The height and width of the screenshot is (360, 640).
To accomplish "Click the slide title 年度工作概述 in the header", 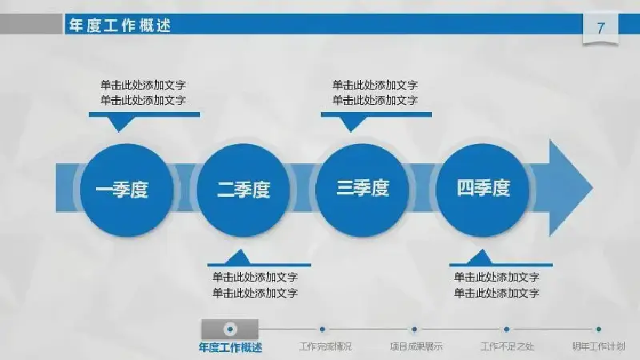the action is (119, 26).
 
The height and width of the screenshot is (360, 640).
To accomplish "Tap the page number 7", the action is (601, 28).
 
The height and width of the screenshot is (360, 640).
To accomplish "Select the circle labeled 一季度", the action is (126, 190).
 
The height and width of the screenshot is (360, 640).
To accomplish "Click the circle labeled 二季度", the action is (243, 190).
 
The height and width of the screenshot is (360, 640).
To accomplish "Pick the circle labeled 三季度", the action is (362, 190).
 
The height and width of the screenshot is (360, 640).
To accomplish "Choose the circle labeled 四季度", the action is (482, 190).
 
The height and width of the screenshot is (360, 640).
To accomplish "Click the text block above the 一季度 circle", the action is (143, 93).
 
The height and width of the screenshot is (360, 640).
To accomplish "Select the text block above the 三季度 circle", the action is (375, 93).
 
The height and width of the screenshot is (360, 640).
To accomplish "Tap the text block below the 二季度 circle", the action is (255, 285).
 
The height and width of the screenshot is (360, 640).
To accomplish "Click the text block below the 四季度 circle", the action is (497, 285).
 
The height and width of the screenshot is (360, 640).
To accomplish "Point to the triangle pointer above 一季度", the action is (118, 123).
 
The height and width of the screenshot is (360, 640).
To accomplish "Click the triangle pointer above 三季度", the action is (350, 123).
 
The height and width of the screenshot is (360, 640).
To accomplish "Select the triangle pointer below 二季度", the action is (238, 258).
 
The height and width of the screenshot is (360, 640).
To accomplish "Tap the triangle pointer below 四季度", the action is (481, 258).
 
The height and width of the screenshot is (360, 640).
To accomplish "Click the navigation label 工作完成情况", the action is (326, 346).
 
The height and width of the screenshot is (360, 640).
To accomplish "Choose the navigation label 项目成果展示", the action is (416, 346).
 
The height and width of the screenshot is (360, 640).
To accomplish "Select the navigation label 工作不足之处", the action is (507, 346).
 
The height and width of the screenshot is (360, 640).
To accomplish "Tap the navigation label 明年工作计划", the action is (598, 346).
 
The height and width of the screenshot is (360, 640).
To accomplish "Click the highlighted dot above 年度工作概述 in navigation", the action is (230, 329).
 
